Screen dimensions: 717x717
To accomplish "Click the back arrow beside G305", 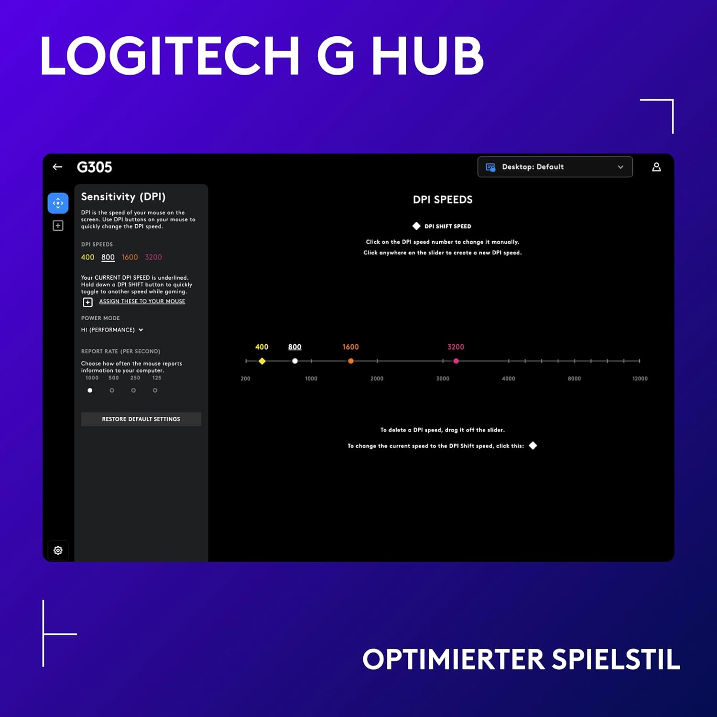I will [57, 167].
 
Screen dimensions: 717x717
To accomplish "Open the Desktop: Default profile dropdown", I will [555, 167].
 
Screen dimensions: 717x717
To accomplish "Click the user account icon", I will [656, 167].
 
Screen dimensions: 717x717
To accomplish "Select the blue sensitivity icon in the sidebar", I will [58, 203].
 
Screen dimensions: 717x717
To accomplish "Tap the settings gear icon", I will [58, 550].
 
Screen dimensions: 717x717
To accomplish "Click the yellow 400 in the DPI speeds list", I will [87, 257].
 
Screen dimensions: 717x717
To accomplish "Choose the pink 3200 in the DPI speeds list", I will [153, 257].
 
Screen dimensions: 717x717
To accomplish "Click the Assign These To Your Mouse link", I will [142, 301].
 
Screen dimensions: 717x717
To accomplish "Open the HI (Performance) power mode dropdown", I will [112, 330].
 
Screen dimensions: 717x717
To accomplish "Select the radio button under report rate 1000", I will [90, 391].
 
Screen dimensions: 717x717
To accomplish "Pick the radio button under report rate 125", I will [155, 391].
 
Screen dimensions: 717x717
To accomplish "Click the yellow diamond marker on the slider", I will [262, 361].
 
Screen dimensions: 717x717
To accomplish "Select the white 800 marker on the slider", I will [295, 361].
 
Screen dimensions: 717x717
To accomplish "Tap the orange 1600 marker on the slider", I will [351, 361].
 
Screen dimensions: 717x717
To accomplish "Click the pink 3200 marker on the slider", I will [456, 361].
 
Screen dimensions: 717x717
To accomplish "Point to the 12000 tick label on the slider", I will [640, 379].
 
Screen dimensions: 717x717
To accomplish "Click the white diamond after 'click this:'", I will [533, 445].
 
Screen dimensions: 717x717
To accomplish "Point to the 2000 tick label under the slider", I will [377, 379].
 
